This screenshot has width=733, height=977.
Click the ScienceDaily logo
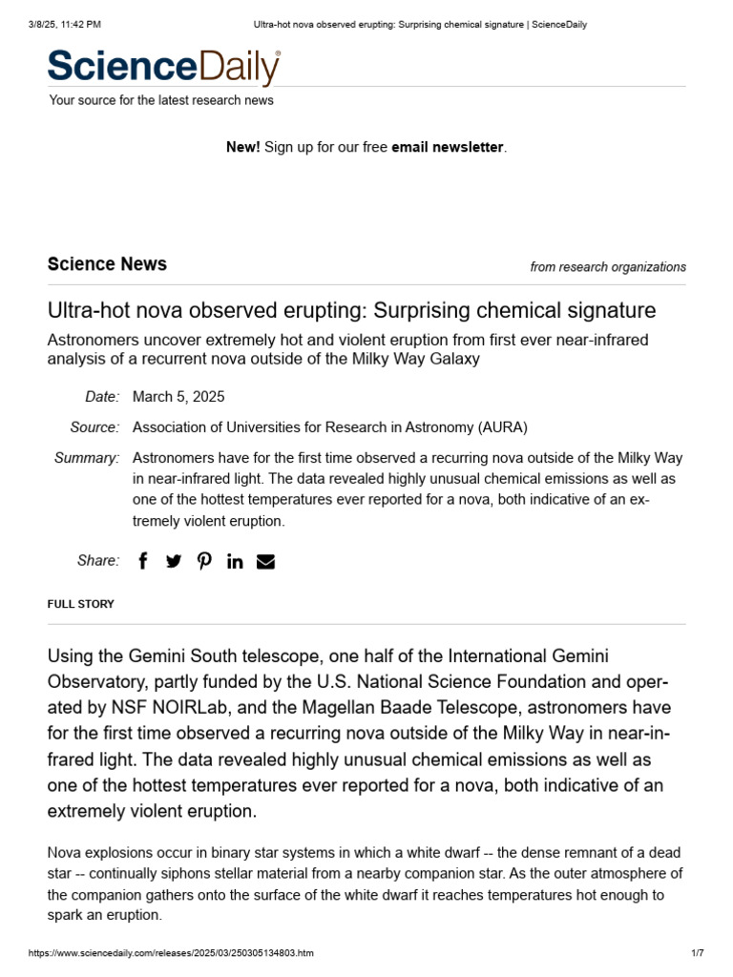pyautogui.click(x=164, y=67)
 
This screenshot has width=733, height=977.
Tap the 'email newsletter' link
pyautogui.click(x=447, y=147)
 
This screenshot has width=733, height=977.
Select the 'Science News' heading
pyautogui.click(x=107, y=264)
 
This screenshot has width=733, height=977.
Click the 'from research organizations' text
pyautogui.click(x=607, y=267)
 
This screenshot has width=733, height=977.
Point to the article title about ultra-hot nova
pyautogui.click(x=351, y=310)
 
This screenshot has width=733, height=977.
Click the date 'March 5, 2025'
pyautogui.click(x=178, y=397)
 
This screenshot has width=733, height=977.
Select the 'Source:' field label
pyautogui.click(x=94, y=427)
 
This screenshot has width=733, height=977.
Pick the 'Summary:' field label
pyautogui.click(x=87, y=458)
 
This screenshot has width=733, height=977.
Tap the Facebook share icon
pyautogui.click(x=143, y=561)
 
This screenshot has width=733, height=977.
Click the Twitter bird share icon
pyautogui.click(x=173, y=561)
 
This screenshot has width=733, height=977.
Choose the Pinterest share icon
pyautogui.click(x=204, y=561)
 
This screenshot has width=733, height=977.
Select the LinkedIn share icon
pyautogui.click(x=235, y=561)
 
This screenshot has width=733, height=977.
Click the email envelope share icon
pyautogui.click(x=265, y=561)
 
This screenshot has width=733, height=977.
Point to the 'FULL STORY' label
pyautogui.click(x=80, y=604)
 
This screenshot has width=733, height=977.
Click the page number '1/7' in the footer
pyautogui.click(x=697, y=953)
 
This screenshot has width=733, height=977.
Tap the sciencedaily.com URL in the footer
pyautogui.click(x=171, y=953)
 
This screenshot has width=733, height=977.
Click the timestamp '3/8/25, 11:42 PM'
pyautogui.click(x=65, y=24)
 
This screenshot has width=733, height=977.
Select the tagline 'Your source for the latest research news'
pyautogui.click(x=161, y=100)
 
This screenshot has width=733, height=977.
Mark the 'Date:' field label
pyautogui.click(x=101, y=397)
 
